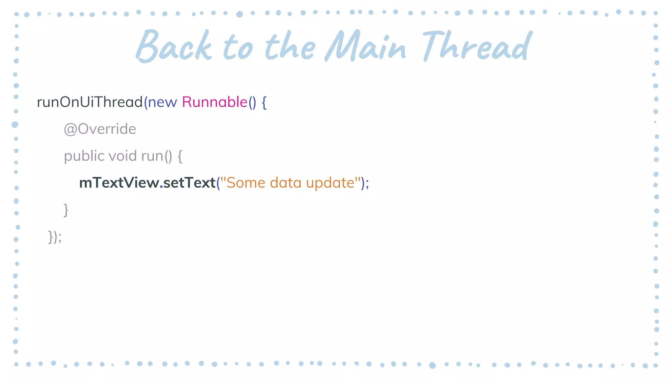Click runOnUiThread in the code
click(x=90, y=102)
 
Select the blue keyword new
click(x=163, y=102)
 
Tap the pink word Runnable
click(x=215, y=102)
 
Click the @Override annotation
click(x=100, y=129)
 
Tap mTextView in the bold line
click(x=119, y=183)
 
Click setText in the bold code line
click(x=189, y=183)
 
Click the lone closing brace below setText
click(x=66, y=210)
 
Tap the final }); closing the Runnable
click(x=55, y=237)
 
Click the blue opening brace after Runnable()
click(x=264, y=102)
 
